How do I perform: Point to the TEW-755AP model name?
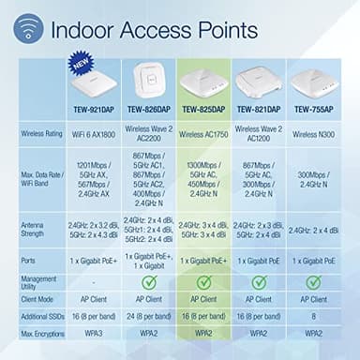316,108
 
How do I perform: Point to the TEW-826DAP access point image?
151,76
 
